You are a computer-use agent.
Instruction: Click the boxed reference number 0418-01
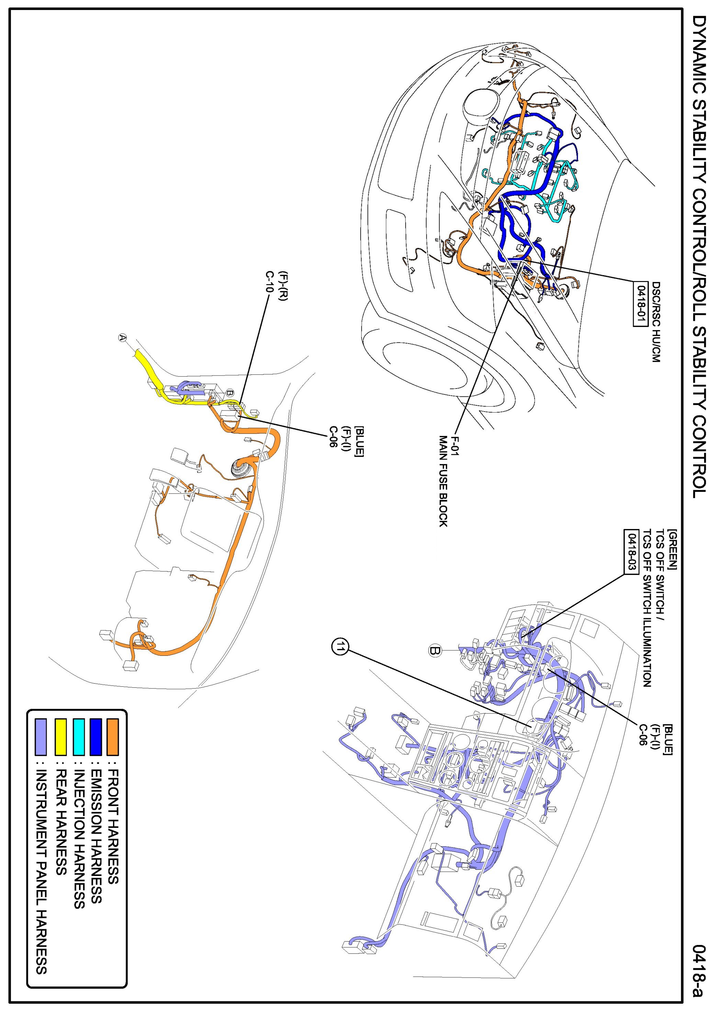tap(639, 303)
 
